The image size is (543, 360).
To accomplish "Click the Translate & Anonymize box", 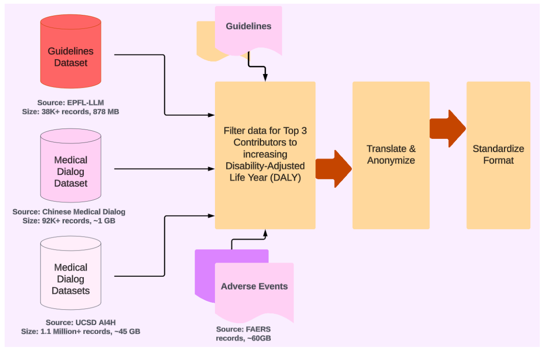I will [390, 155].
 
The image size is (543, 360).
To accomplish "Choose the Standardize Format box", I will [498, 155].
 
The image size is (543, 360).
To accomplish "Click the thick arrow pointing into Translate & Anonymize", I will [334, 169].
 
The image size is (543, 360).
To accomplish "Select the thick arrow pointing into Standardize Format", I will [447, 129].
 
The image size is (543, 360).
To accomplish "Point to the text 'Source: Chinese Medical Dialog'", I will [69, 212].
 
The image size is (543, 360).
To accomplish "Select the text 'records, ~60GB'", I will [243, 338].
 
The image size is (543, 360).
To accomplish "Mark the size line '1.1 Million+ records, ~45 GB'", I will [80, 332].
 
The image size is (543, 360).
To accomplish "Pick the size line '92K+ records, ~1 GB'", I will [69, 221].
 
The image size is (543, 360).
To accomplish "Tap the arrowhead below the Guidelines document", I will [265, 77].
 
